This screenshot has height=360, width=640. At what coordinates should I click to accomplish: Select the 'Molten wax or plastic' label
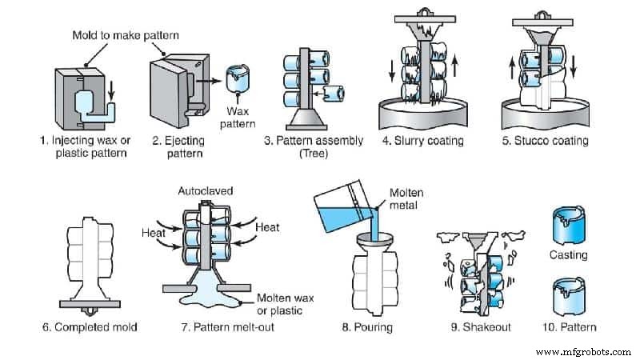286,304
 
